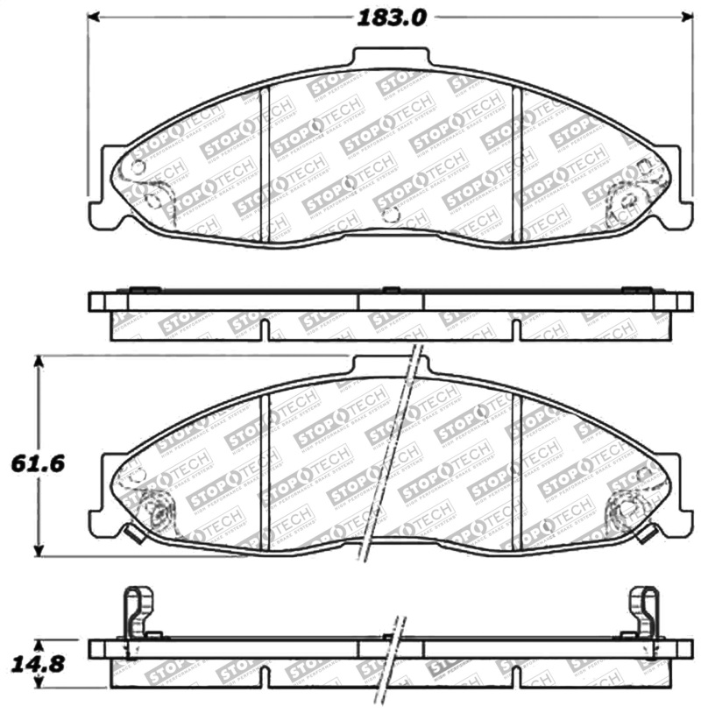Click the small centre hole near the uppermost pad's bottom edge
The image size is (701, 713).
pyautogui.click(x=392, y=214)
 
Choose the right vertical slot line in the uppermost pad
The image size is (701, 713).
pyautogui.click(x=516, y=162)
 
